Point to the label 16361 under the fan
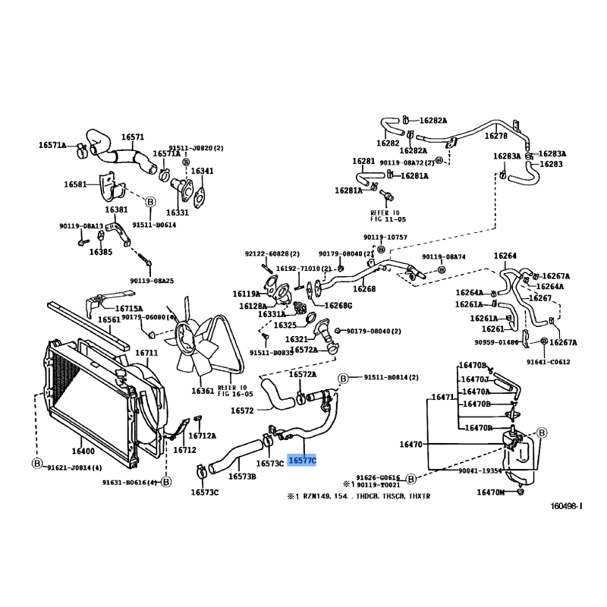[x=203, y=391]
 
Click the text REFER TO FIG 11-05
[x=388, y=216]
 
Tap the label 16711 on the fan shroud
[x=146, y=353]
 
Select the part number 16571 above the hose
[x=134, y=138]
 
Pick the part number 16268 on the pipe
[x=365, y=289]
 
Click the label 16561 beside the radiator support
[x=109, y=319]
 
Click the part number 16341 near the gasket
[x=202, y=171]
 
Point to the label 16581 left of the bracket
[x=76, y=184]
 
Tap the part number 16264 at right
[x=505, y=256]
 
